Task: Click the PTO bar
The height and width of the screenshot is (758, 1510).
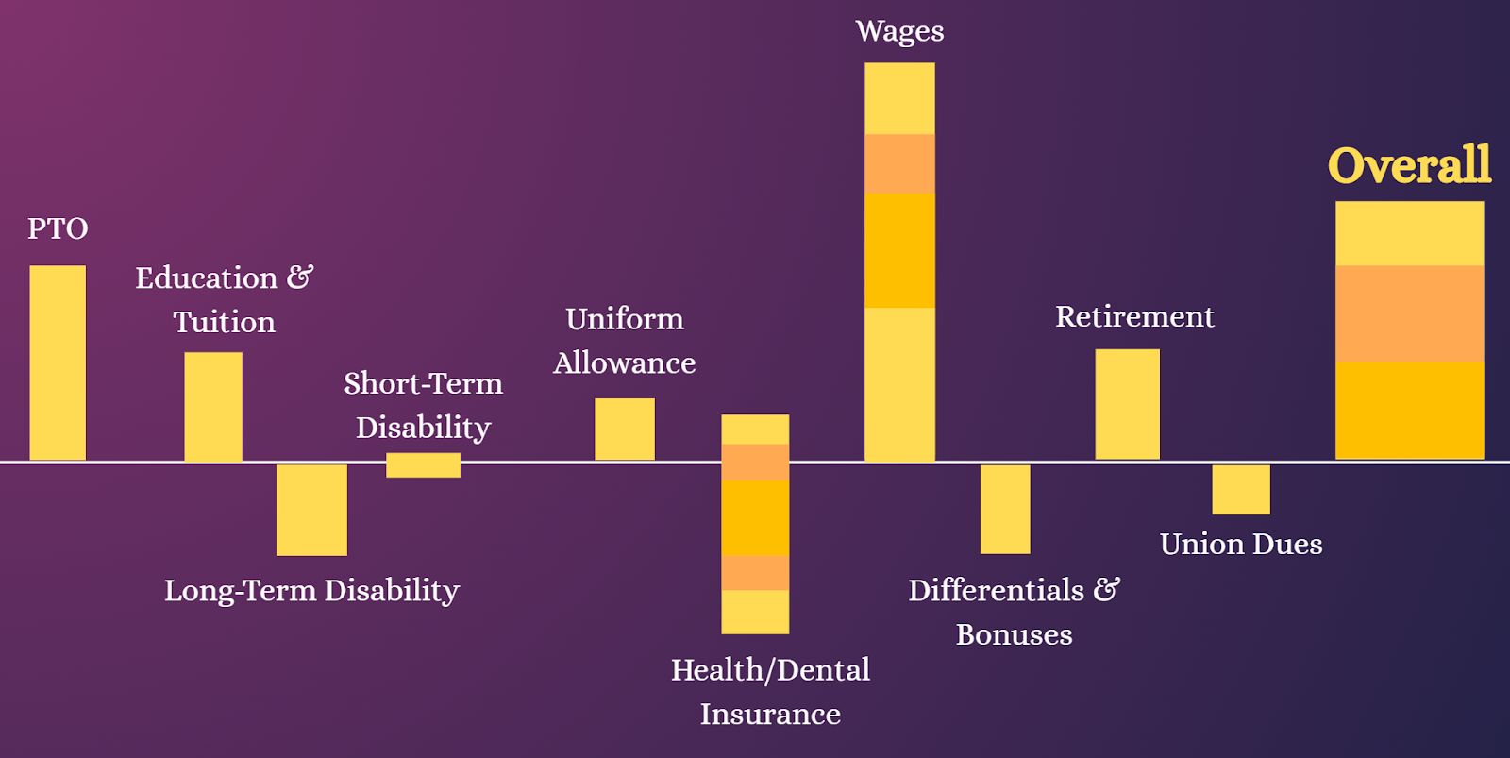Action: click(58, 362)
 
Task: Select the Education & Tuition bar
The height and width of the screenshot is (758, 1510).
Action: click(213, 407)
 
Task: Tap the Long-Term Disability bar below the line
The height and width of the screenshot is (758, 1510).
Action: click(311, 510)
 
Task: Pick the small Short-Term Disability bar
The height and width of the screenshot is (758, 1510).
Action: click(424, 465)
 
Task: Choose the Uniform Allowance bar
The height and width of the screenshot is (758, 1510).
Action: click(624, 430)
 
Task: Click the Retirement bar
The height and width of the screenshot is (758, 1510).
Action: click(1127, 405)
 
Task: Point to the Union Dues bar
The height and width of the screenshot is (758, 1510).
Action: click(1241, 489)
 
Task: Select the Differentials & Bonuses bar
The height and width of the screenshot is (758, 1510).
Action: click(1005, 509)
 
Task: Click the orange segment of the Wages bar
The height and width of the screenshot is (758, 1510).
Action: click(900, 164)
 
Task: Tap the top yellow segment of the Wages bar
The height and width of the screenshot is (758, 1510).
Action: click(900, 98)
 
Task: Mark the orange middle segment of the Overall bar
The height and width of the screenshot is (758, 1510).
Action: click(1410, 314)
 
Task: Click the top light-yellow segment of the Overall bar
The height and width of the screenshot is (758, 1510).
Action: click(1410, 233)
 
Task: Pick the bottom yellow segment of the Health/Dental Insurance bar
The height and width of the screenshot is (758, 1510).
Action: click(755, 612)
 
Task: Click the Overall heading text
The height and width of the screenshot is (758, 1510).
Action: click(1410, 165)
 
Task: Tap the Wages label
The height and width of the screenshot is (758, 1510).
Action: click(900, 32)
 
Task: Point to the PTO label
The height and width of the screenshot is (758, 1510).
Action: click(58, 228)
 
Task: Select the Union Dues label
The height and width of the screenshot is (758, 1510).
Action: click(1241, 545)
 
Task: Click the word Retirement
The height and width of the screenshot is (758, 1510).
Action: click(1134, 316)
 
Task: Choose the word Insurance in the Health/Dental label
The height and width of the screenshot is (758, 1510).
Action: click(770, 715)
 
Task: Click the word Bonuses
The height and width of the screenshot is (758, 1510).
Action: click(1014, 634)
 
